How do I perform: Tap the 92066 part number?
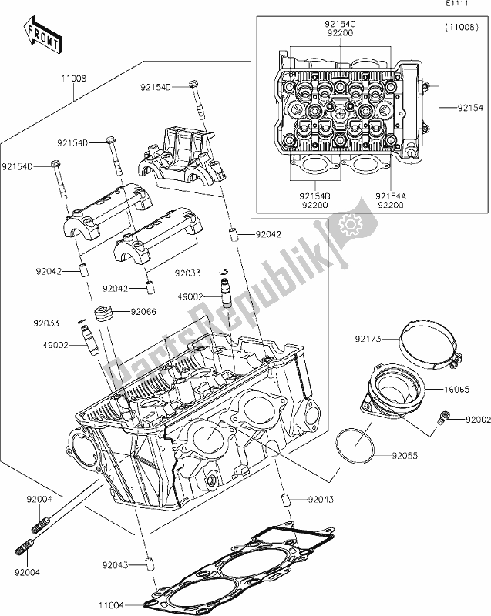[144, 312]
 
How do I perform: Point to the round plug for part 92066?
[104, 314]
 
